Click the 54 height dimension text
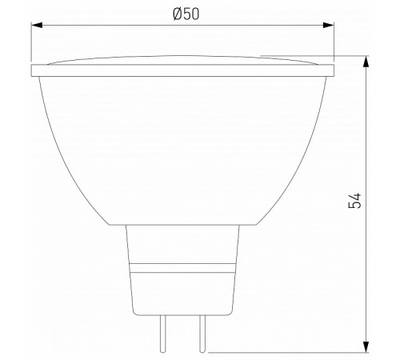357,201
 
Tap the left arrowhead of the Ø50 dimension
37,26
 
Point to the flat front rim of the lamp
182,71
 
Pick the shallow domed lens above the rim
182,61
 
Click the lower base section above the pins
182,292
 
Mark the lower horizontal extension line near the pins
288,350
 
